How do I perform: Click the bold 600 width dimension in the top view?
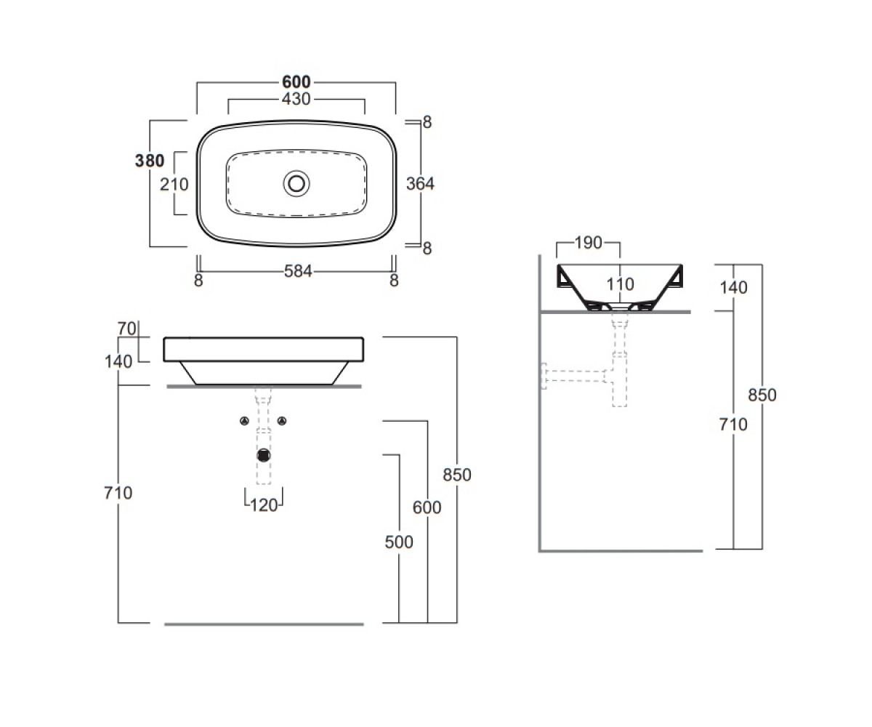point(296,82)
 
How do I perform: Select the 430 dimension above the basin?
point(296,99)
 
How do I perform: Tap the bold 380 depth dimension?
point(150,161)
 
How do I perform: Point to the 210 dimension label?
point(174,184)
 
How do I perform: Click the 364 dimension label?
point(420,183)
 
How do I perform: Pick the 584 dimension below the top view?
point(298,271)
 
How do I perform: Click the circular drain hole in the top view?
point(296,183)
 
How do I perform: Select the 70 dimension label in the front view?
point(126,329)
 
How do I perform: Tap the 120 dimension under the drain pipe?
point(264,505)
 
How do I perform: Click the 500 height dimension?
point(399,542)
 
